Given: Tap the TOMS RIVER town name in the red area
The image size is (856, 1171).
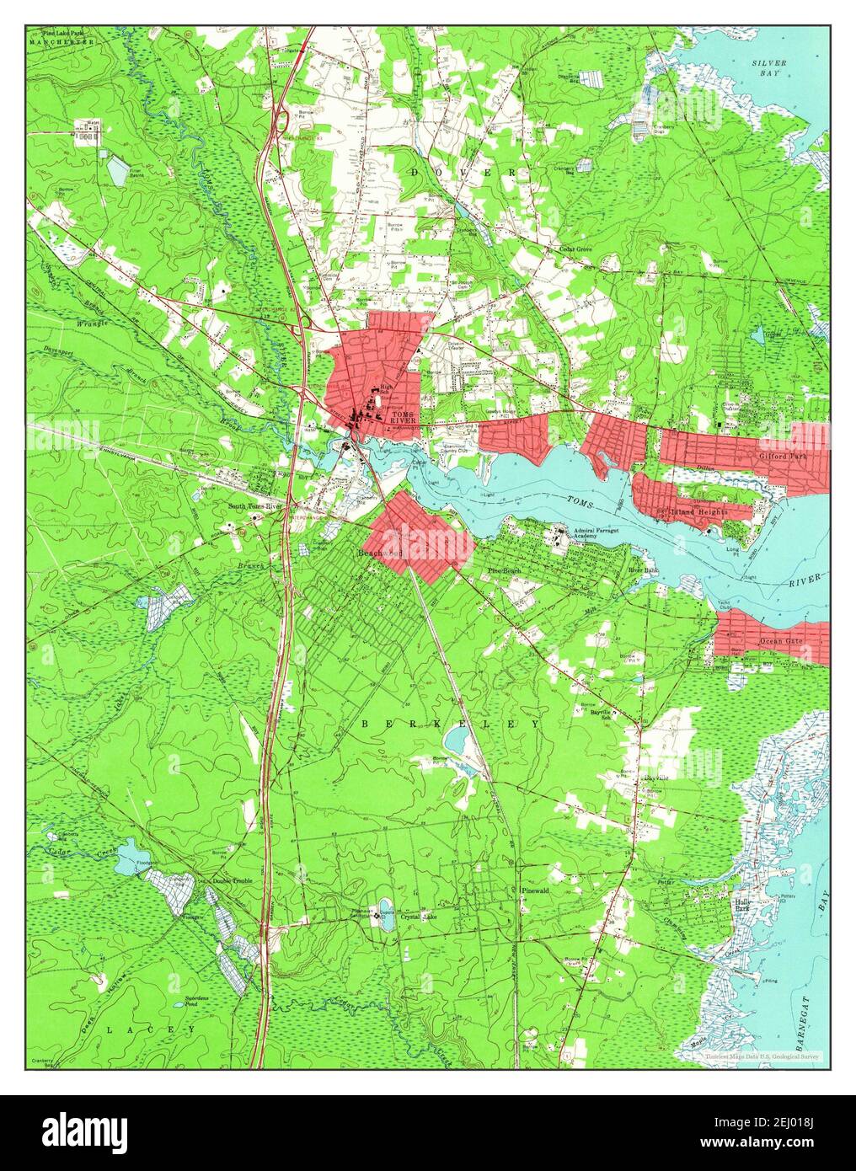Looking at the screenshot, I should (404, 417).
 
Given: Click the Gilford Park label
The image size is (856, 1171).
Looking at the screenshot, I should (784, 456).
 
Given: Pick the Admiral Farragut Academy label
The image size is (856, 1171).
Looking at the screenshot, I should (600, 534).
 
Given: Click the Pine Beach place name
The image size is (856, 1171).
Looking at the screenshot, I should (505, 571).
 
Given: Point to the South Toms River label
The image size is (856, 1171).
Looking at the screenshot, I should (257, 506).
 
